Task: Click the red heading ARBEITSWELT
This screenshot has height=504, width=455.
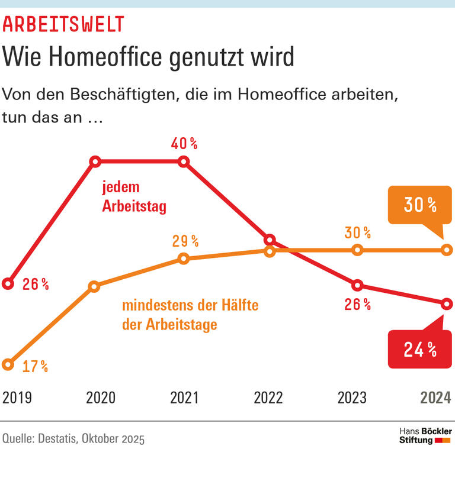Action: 63,24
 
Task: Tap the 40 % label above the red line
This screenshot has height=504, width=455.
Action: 184,144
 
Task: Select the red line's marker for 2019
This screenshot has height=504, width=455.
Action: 8,283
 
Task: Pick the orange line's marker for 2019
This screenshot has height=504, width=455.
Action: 8,364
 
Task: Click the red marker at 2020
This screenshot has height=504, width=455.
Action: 95,161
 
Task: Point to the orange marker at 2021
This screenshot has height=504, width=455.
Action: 183,259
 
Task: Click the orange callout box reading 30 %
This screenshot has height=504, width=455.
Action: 419,205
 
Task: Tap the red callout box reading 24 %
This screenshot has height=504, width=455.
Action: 419,350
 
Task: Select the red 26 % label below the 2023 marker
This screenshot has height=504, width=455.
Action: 357,305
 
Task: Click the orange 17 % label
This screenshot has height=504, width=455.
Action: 35,367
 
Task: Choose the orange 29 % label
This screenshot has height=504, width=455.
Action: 185,241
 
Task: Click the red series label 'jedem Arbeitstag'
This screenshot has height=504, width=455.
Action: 134,197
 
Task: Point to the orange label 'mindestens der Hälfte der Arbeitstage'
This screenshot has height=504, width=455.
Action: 190,315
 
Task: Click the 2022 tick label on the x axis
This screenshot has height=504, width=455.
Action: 268,398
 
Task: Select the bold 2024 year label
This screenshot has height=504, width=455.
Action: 435,398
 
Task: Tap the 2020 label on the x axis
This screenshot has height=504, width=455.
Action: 101,398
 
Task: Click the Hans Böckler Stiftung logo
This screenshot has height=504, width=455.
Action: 425,436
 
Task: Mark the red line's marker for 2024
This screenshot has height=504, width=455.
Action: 447,303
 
